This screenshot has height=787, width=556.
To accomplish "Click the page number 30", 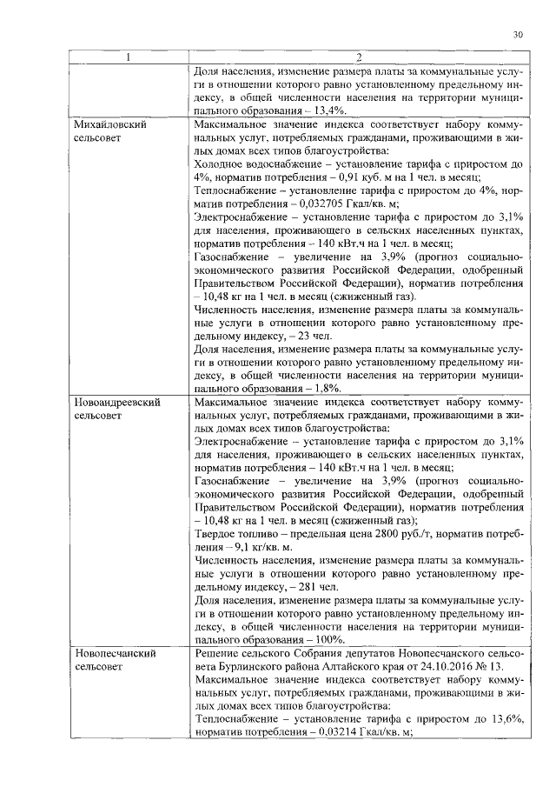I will click(x=518, y=35).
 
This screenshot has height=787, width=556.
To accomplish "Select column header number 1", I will click(x=129, y=58).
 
